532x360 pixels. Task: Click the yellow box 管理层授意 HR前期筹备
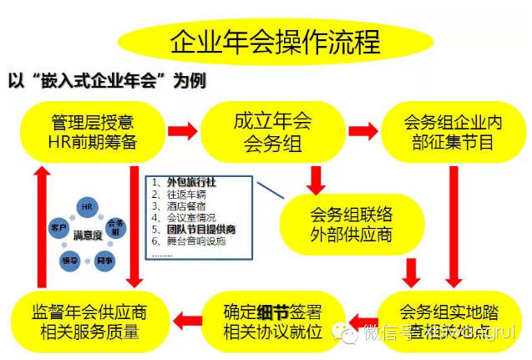(x=92, y=131)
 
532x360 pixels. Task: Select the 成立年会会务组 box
(x=272, y=131)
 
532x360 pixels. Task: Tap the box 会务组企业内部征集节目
(x=451, y=131)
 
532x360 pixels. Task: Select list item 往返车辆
(x=184, y=193)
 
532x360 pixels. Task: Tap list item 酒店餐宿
(x=184, y=205)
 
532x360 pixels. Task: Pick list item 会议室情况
(x=187, y=216)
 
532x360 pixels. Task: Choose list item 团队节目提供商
(x=200, y=228)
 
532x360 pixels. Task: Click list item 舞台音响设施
(x=195, y=241)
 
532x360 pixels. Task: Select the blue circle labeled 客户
(x=59, y=226)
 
